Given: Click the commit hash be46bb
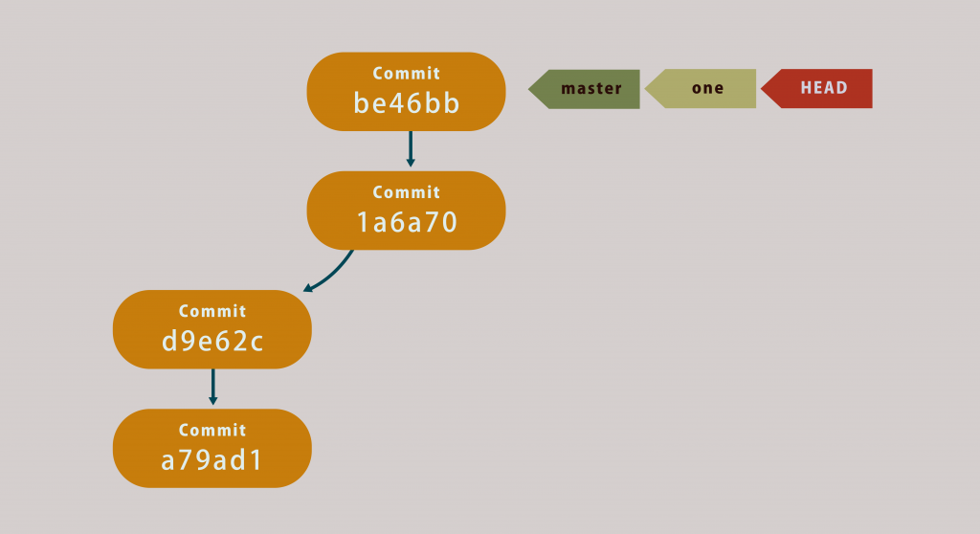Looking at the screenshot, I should tap(407, 103).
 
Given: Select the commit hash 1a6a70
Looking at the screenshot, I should tap(407, 222).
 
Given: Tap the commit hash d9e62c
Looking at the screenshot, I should tap(212, 341).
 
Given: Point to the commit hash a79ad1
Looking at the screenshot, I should tap(212, 460).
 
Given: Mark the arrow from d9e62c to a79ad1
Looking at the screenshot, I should tap(212, 386).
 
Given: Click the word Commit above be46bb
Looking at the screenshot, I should tap(407, 74).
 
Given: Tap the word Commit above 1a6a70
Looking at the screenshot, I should tap(407, 192).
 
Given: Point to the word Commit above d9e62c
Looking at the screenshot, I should tap(212, 311).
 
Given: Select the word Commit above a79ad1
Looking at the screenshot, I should tap(212, 430).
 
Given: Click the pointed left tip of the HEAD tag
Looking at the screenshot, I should tap(764, 89).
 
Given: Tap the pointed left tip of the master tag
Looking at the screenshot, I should tap(531, 89).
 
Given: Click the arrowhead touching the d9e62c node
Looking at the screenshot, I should tap(308, 288).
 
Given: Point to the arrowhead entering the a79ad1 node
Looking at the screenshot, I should tap(212, 401).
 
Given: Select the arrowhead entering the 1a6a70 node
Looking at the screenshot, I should tap(411, 163).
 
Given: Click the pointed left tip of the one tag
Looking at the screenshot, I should tap(647, 89).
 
